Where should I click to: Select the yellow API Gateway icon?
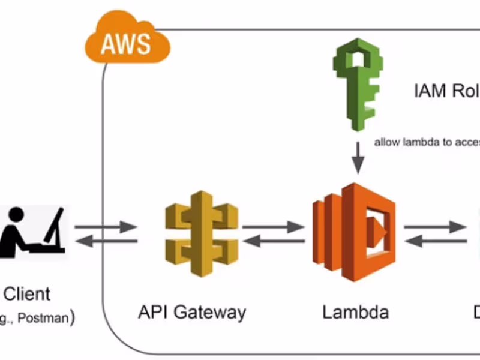tap(202, 234)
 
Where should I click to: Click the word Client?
tap(28, 294)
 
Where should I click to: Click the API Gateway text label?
tap(192, 312)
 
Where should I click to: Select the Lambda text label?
tap(355, 312)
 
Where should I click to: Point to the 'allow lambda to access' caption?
tap(427, 143)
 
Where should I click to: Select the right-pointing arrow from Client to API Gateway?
tap(106, 227)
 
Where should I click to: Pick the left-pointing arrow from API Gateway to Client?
tap(106, 241)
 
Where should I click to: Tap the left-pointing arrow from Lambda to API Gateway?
tap(273, 241)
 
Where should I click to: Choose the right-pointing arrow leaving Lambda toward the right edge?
tap(435, 227)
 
